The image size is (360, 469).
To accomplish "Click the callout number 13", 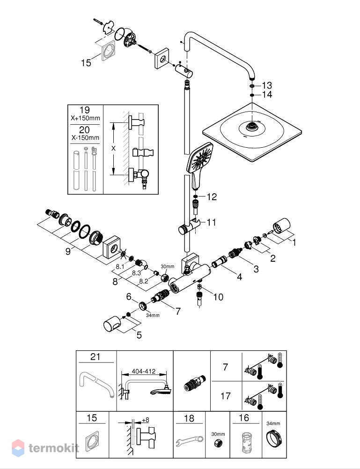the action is click(x=267, y=85).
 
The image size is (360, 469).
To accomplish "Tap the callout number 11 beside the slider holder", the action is click(x=211, y=222).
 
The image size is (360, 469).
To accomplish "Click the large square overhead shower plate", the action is click(x=252, y=132).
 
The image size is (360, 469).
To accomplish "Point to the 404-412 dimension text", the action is click(x=144, y=371).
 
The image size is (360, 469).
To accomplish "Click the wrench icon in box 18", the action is click(x=189, y=441).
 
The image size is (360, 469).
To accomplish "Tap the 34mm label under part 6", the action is click(x=153, y=315).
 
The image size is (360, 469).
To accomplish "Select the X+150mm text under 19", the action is click(x=85, y=118).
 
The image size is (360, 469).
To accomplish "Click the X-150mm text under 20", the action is click(x=85, y=138).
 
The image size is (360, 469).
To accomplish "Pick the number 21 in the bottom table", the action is click(x=96, y=356).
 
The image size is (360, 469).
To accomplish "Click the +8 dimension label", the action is click(x=146, y=420).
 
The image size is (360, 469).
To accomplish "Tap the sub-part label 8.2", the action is click(x=144, y=281).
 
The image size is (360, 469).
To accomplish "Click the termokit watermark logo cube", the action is click(x=18, y=448).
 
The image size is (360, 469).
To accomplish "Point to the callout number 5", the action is click(x=139, y=335).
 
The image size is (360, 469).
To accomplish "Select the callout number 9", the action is click(x=68, y=251).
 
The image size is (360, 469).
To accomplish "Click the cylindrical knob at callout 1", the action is click(x=281, y=226).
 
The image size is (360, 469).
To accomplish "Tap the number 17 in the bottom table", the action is click(x=225, y=396).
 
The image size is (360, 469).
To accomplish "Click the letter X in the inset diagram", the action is click(x=113, y=148).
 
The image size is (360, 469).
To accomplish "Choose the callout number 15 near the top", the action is click(x=86, y=63).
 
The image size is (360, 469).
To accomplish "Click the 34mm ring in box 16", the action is click(x=274, y=439).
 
